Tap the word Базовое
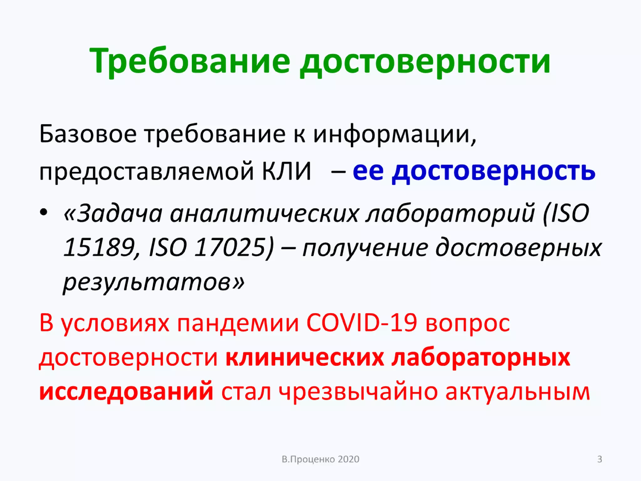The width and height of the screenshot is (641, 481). click(x=88, y=134)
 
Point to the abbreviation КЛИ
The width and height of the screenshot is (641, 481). click(x=286, y=171)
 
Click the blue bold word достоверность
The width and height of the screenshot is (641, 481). click(x=493, y=171)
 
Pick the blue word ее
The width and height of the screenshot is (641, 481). click(x=368, y=171)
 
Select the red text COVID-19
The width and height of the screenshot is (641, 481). click(x=362, y=323)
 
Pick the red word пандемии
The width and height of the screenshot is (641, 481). click(x=238, y=323)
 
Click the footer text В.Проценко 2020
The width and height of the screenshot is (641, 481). click(x=320, y=459)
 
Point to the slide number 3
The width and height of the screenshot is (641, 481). click(x=600, y=459)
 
